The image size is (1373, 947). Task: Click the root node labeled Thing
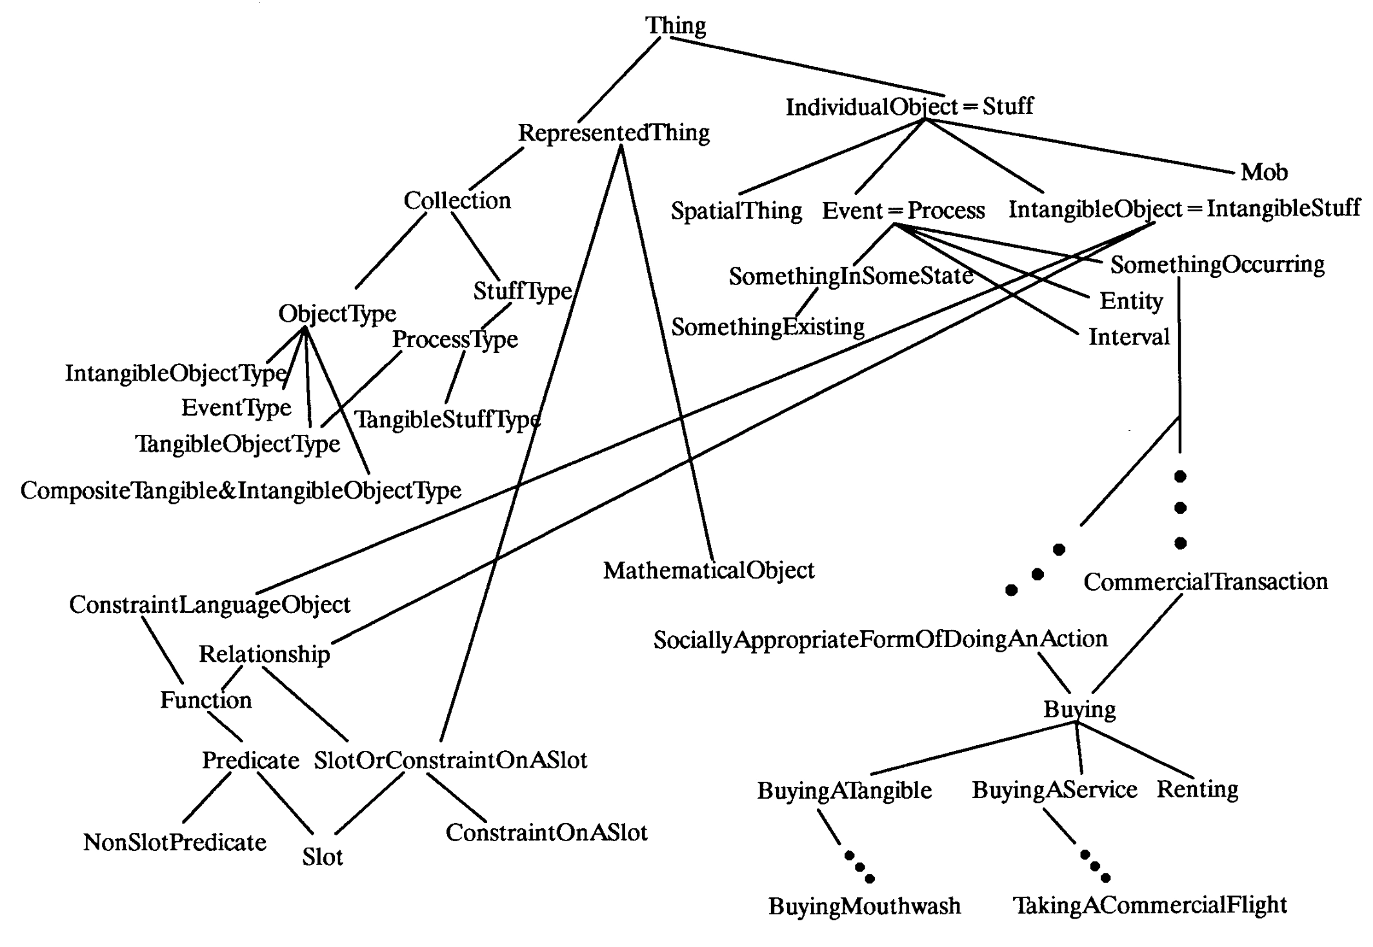[676, 26]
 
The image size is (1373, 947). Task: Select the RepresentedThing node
[614, 133]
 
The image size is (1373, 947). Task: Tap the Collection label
[457, 201]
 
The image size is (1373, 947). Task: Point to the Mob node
[1264, 172]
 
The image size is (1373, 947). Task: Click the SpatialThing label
[736, 211]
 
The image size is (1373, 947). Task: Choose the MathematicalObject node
[708, 570]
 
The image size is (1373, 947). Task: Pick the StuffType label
[523, 291]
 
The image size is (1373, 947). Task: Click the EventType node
[236, 408]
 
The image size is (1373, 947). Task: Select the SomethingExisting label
[768, 327]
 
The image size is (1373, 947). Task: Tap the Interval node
[1128, 337]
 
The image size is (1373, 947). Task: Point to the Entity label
[1131, 301]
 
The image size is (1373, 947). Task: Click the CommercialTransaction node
[1205, 582]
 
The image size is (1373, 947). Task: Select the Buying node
[1079, 710]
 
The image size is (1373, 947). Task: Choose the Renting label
[1198, 789]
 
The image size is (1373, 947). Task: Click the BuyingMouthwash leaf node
[865, 906]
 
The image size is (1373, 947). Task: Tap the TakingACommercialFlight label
[1150, 906]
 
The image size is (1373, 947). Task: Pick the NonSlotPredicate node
[175, 842]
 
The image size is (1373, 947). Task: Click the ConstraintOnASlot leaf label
[546, 833]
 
